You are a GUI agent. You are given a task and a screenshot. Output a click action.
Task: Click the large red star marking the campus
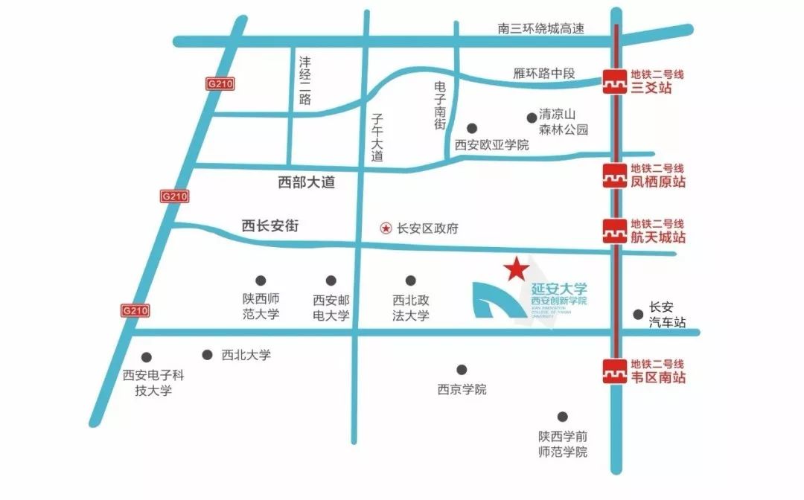pos(516,269)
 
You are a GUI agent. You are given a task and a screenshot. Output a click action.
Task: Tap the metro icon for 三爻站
pos(614,81)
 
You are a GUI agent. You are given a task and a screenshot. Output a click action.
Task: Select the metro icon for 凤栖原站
pos(614,175)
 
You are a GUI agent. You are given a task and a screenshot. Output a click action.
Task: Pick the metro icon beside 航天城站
pos(614,231)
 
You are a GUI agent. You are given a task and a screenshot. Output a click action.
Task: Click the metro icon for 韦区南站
pos(614,371)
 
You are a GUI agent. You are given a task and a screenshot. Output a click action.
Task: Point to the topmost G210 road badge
pos(220,84)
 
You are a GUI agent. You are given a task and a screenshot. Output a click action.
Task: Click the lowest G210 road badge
pos(135,310)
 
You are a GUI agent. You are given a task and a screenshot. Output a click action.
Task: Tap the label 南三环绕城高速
pos(541,29)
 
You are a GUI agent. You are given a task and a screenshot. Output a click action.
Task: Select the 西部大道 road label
pos(306,182)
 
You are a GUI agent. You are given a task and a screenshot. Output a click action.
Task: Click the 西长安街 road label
pos(270,226)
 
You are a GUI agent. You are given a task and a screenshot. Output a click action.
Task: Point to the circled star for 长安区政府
pos(386,228)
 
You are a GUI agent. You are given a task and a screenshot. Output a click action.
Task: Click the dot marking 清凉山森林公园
pos(532,117)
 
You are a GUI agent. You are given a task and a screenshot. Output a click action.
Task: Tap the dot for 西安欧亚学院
pos(471,128)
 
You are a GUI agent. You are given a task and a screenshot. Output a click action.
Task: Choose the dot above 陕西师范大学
pos(261,281)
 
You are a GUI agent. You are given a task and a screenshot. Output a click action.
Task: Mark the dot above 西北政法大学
pos(411,281)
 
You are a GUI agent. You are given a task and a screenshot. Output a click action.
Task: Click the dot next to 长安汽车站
pos(638,314)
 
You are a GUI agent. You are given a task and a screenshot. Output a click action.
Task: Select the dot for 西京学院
pos(462,369)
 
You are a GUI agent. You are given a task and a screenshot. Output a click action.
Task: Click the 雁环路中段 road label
pos(545,74)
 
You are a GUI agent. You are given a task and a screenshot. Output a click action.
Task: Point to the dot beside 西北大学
pos(208,355)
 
